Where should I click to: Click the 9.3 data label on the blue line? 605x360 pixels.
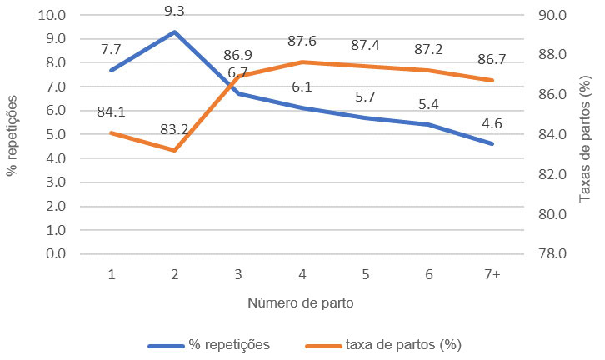point(175,12)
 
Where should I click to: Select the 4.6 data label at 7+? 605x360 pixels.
point(492,122)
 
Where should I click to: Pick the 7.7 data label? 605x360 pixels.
point(111,49)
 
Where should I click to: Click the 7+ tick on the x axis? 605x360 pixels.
point(492,274)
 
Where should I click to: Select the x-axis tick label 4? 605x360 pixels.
point(302,274)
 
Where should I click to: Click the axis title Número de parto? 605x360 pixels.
point(301,303)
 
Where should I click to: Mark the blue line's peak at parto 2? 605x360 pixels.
point(175,32)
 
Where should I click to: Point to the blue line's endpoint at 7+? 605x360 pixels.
point(492,143)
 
